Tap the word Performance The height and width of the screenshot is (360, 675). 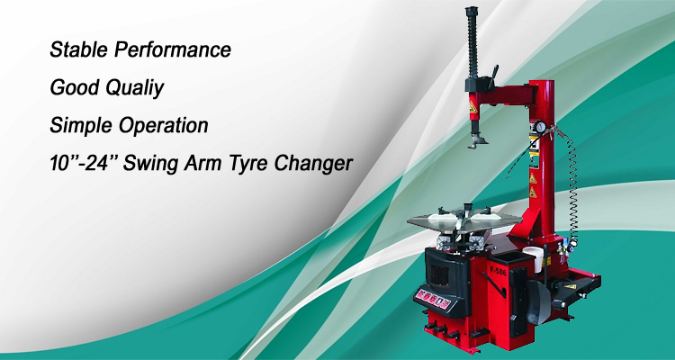(173, 49)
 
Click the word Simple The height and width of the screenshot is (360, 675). (80, 126)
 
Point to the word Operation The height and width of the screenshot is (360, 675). (163, 126)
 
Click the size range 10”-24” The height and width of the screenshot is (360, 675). (84, 163)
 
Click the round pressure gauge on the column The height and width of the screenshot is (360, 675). (539, 128)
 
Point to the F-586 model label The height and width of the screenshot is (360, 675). (498, 272)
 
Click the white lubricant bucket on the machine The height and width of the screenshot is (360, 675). (533, 258)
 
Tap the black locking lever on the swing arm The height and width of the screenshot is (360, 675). (492, 76)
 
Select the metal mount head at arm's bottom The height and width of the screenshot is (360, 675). (477, 141)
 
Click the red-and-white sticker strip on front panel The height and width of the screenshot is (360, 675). (432, 299)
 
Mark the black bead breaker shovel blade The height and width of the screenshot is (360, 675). (538, 301)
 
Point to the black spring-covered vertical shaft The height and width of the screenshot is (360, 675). (472, 43)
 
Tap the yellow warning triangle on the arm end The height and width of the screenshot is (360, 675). (473, 107)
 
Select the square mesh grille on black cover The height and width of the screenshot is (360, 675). (439, 274)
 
